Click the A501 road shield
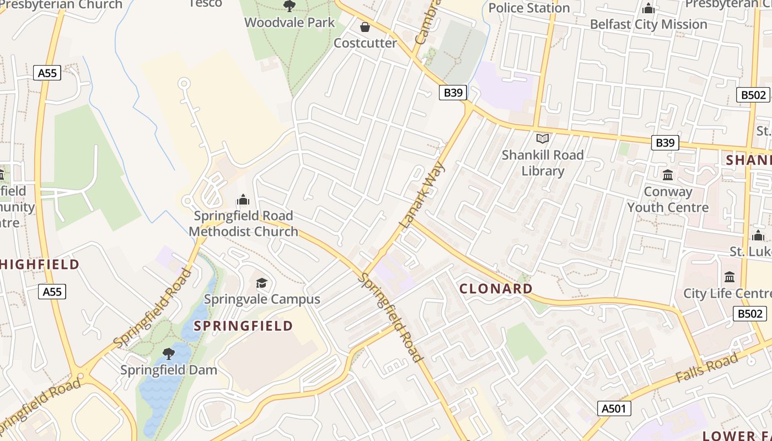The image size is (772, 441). [x=614, y=408]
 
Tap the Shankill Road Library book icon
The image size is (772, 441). [x=543, y=138]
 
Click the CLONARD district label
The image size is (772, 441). [x=496, y=288]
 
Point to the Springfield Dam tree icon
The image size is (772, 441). [x=169, y=353]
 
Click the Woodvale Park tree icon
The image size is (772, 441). [x=289, y=6]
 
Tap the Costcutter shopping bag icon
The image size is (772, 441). [x=364, y=26]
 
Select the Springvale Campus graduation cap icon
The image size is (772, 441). [x=261, y=283]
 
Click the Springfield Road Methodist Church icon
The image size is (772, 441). [x=243, y=200]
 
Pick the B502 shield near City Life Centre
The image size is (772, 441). [x=750, y=314]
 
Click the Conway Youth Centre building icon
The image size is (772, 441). [x=668, y=175]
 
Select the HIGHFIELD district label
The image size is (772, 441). [x=40, y=265]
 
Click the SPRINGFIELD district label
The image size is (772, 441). [x=243, y=325]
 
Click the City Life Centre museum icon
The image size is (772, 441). [x=730, y=277]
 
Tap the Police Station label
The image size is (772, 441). [x=528, y=8]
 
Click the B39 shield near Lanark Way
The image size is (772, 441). [x=453, y=93]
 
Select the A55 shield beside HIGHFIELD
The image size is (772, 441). [x=52, y=292]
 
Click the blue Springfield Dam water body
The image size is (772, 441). [x=160, y=391]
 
